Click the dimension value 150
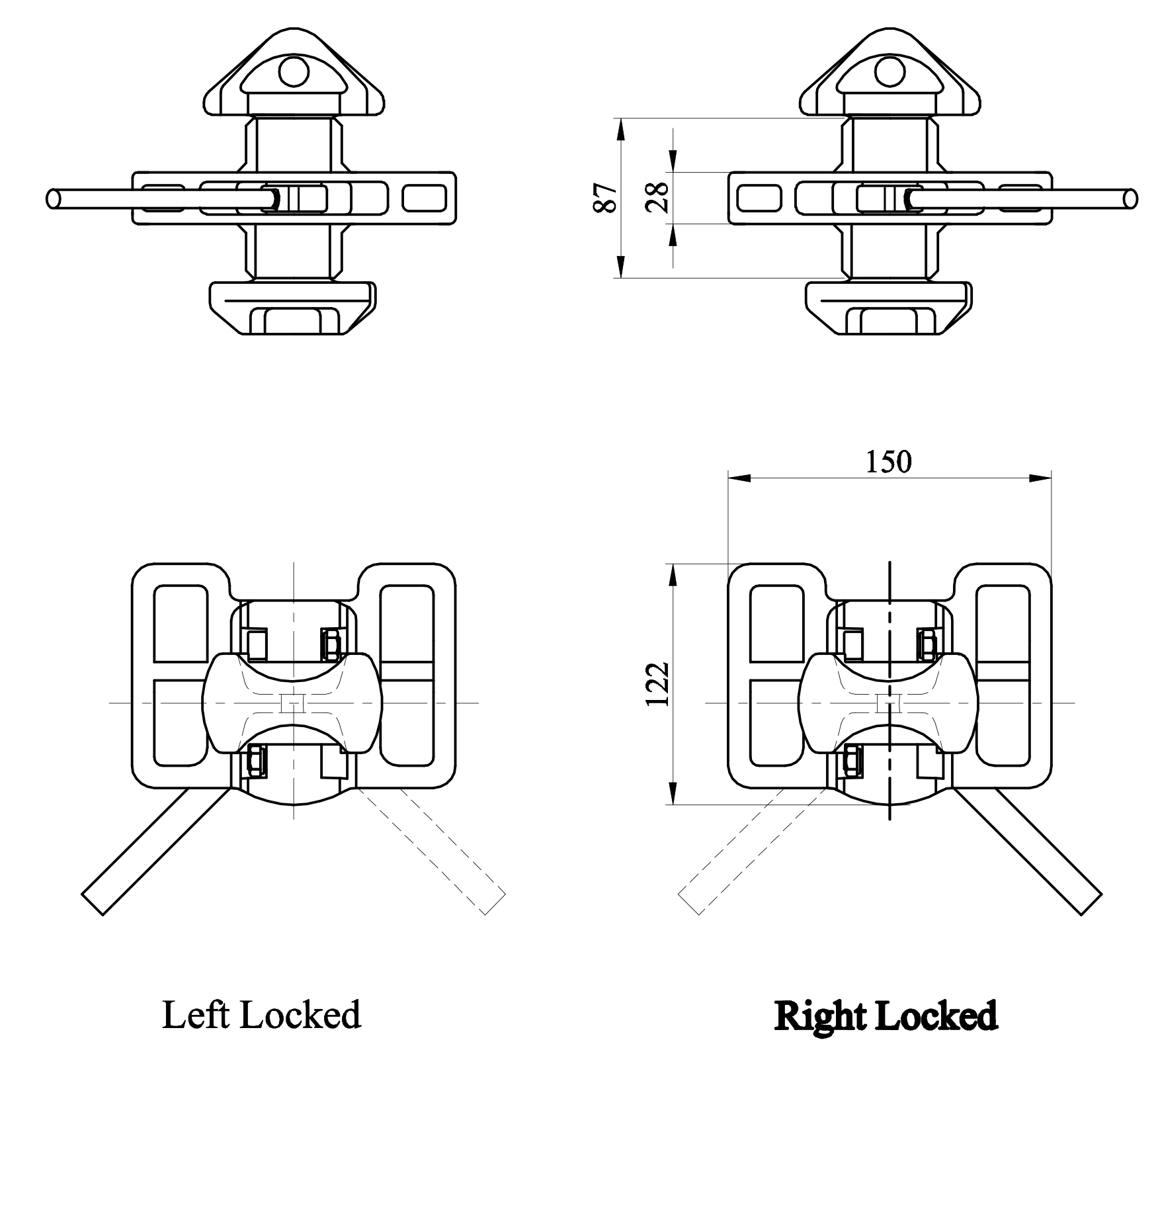pos(888,462)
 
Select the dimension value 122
pos(658,684)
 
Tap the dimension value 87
pos(606,198)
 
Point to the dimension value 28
pos(658,197)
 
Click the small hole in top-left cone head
pos(294,72)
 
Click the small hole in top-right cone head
pos(890,72)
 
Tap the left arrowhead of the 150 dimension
pos(738,478)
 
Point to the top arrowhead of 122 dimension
pos(673,576)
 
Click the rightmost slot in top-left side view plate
pos(424,198)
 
